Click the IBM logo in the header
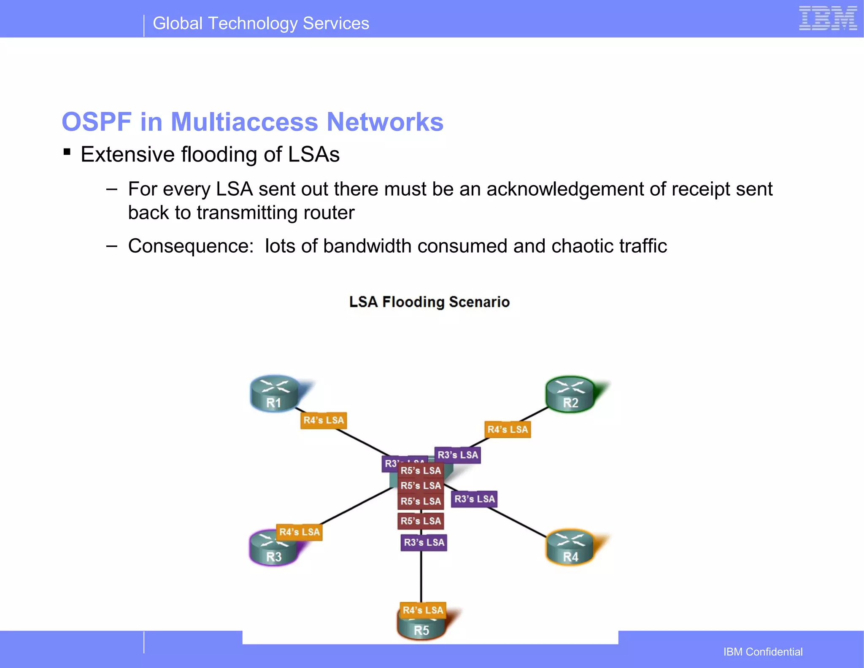827,19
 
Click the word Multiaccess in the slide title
244,122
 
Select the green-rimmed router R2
570,395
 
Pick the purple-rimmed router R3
273,550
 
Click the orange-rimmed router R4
570,548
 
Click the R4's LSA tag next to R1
324,420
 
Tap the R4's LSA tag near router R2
508,430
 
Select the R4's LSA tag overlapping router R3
300,532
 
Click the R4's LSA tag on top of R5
423,610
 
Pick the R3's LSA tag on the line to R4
474,499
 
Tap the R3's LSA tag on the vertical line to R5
424,543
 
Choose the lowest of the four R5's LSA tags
421,521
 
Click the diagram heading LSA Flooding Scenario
429,302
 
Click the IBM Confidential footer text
763,652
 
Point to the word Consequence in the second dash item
190,246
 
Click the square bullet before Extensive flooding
67,152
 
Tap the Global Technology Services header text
261,24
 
